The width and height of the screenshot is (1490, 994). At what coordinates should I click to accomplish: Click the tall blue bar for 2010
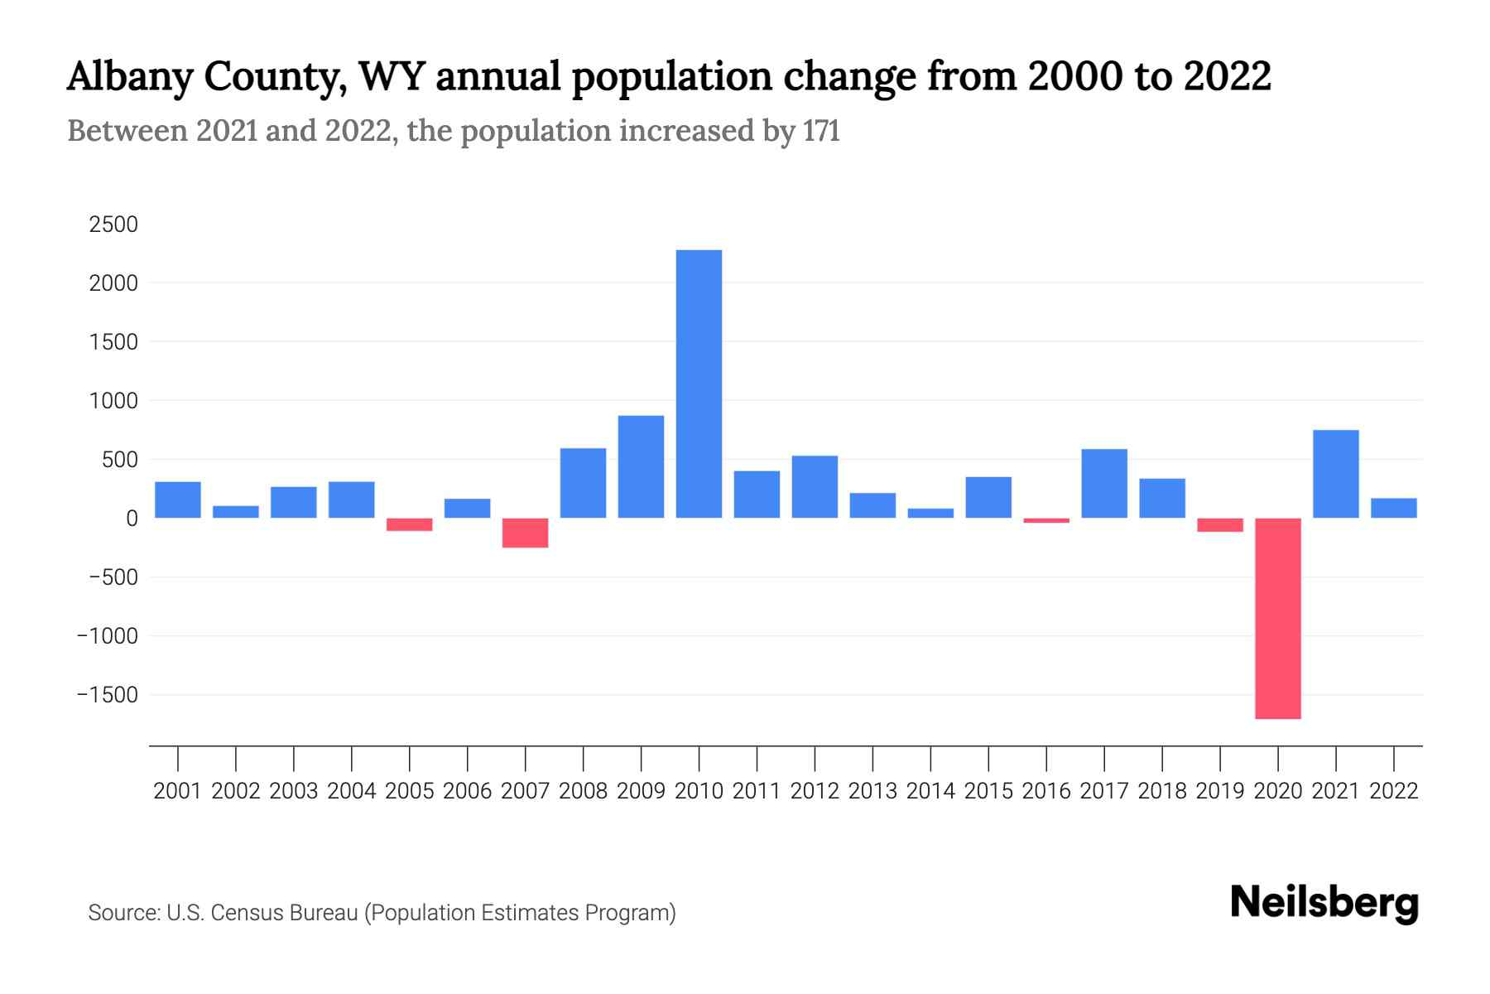699,384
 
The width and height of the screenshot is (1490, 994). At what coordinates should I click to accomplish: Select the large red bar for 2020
1277,618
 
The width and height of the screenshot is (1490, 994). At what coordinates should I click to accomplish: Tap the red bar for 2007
525,533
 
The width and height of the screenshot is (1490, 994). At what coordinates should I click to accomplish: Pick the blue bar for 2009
641,466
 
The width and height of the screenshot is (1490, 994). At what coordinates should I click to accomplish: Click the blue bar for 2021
1335,474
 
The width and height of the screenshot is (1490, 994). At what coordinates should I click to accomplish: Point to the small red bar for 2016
1046,521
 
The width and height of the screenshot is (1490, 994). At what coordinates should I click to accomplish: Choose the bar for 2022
1393,508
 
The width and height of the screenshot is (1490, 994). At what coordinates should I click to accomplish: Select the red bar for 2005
409,524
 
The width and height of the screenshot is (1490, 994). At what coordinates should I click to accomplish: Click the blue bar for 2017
1104,483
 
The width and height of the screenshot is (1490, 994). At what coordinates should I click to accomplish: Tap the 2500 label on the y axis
113,224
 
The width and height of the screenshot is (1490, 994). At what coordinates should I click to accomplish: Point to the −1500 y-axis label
108,695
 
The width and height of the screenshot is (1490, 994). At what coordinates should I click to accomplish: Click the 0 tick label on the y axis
132,519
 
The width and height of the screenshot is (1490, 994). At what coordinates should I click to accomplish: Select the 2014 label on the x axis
930,791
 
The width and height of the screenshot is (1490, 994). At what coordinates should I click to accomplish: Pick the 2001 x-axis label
177,791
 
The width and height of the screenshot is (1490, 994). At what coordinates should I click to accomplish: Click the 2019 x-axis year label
1220,791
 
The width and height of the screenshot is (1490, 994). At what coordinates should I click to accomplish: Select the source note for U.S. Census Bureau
382,913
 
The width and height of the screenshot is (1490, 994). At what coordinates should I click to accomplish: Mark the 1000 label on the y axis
113,401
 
